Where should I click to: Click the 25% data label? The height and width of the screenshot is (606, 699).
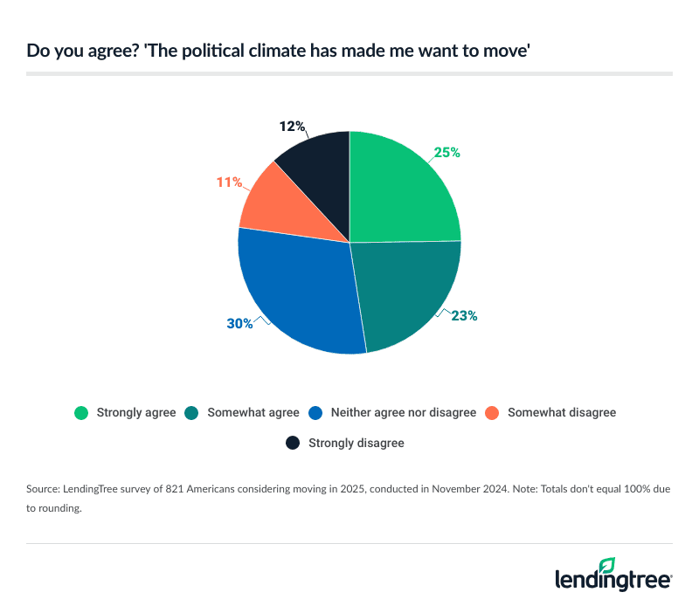(446, 152)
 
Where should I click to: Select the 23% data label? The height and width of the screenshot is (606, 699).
(464, 316)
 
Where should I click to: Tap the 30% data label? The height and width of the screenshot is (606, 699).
(239, 323)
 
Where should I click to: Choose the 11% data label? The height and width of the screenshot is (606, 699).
(228, 182)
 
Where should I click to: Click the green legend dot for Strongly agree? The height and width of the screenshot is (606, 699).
(82, 412)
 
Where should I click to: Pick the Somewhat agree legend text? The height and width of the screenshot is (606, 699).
(253, 412)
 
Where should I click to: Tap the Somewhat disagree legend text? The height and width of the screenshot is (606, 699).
(561, 412)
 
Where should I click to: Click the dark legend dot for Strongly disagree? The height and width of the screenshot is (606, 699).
(294, 444)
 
